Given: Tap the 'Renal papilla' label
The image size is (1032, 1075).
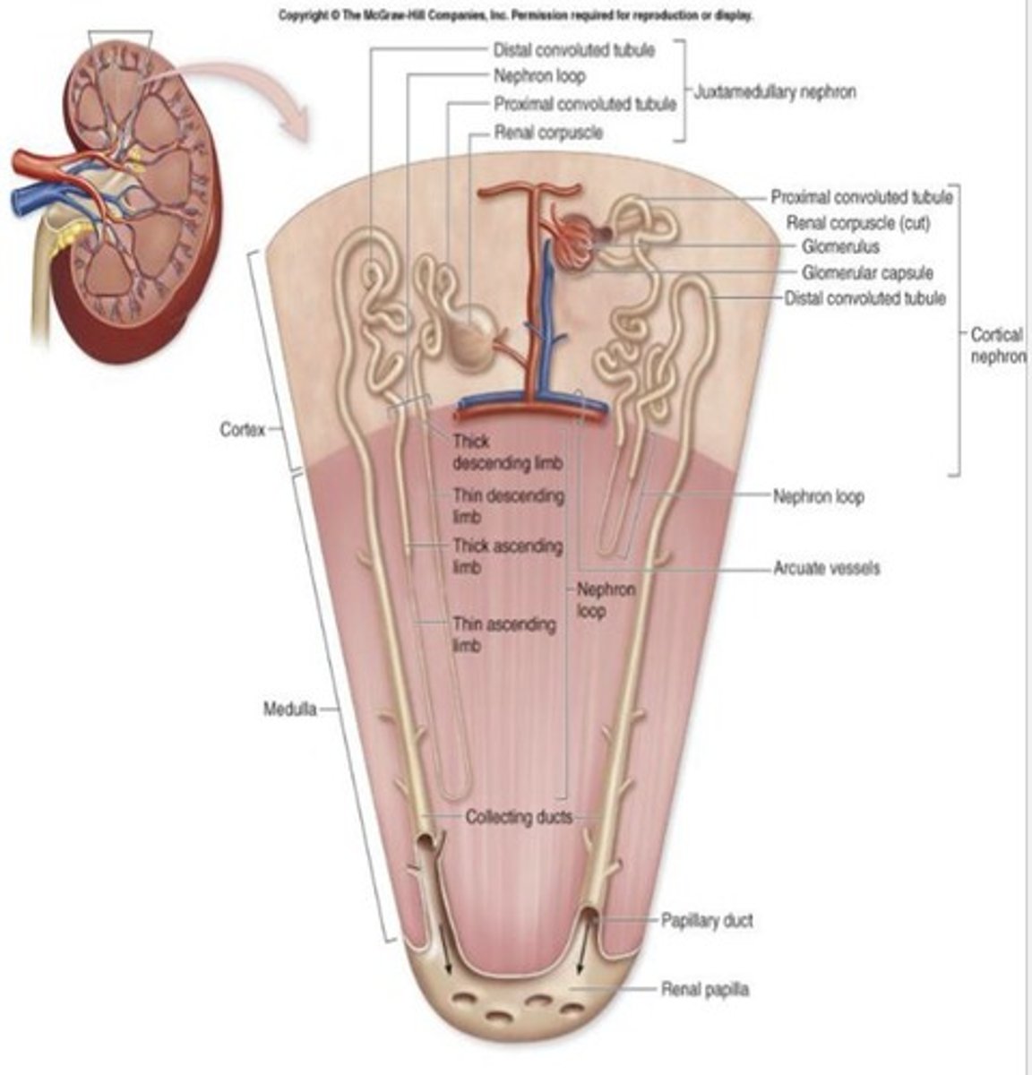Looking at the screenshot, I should point(705,990).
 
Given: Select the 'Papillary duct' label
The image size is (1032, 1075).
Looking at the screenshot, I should point(707,920).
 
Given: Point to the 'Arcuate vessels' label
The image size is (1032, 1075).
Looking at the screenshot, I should point(826,567).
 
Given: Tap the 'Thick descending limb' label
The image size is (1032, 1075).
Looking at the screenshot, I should point(507,451).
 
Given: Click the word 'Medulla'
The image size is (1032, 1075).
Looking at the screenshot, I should point(289,709).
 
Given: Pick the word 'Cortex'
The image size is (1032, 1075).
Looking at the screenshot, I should point(243,430).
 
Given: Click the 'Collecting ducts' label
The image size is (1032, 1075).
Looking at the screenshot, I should point(519,817).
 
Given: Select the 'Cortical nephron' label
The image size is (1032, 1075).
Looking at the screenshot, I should point(996,345).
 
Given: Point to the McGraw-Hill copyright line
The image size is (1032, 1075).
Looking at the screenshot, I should point(515,15).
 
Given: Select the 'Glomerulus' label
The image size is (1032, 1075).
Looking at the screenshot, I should point(840,246).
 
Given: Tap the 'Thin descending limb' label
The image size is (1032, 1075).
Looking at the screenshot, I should point(508,505).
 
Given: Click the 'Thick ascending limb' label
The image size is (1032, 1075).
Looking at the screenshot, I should point(507,555).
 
